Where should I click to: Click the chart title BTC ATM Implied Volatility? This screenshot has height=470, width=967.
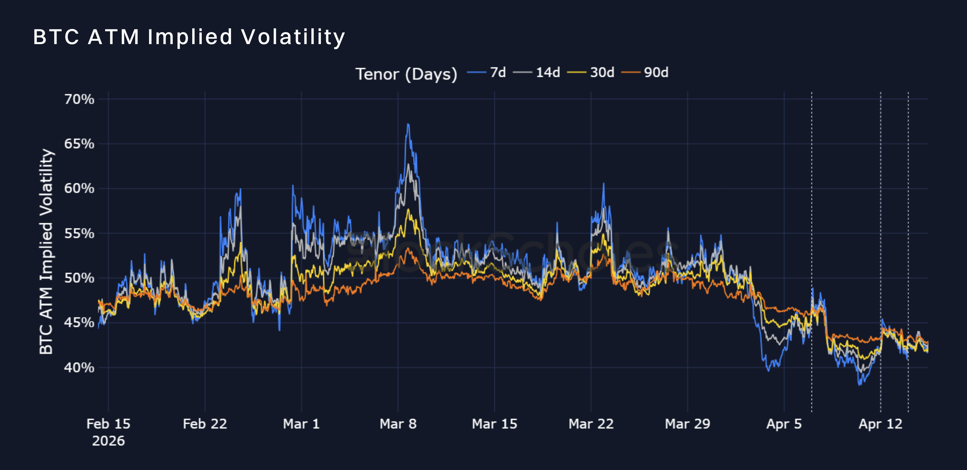click(x=189, y=37)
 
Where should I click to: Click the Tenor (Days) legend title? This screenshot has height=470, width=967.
click(x=406, y=74)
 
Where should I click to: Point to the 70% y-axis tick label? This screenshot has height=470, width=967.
click(x=79, y=99)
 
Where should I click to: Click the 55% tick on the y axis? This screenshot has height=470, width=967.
click(x=79, y=233)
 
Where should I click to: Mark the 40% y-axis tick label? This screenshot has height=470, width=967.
click(x=79, y=368)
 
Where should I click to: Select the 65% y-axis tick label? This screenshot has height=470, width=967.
click(x=79, y=144)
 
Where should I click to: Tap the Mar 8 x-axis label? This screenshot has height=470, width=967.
click(x=398, y=424)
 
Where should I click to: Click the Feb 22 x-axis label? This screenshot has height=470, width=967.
click(x=205, y=424)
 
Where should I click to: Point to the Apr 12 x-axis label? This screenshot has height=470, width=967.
click(x=880, y=424)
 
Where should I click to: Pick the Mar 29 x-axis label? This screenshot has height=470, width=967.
click(x=687, y=424)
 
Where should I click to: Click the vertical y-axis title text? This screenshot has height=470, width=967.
click(x=46, y=251)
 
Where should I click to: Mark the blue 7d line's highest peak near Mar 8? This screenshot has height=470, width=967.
click(x=408, y=124)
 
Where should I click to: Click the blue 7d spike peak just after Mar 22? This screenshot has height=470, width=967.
click(x=604, y=184)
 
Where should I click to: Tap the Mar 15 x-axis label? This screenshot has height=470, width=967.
click(x=494, y=424)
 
